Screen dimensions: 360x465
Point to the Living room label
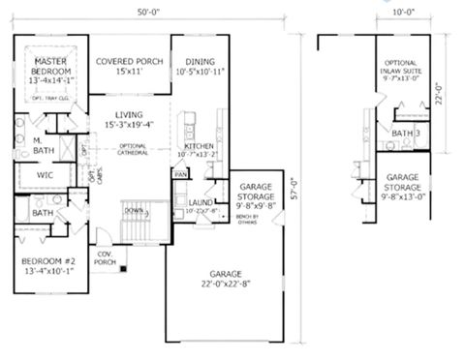point(129,118)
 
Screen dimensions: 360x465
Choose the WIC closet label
point(44,175)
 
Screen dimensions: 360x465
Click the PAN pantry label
point(179,174)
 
